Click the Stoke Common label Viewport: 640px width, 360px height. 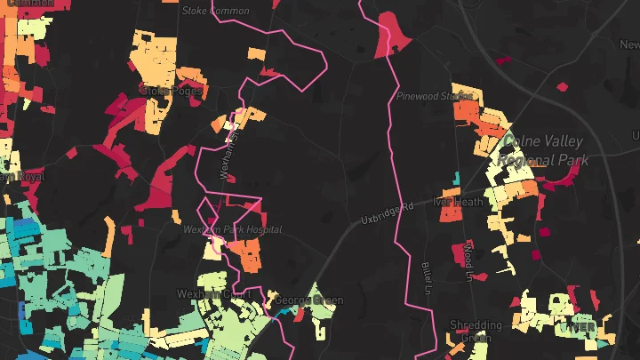tap(215, 11)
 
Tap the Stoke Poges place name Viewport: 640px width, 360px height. tap(172, 91)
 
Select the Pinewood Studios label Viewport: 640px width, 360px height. tap(435, 95)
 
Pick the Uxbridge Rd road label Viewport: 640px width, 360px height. tap(388, 213)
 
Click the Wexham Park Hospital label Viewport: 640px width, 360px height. tap(232, 229)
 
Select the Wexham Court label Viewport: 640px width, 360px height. tap(209, 293)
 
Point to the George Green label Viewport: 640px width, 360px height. tap(308, 300)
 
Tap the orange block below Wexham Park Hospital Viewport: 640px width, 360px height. tap(249, 256)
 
